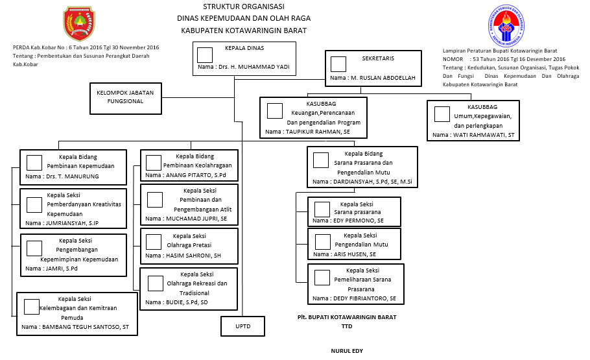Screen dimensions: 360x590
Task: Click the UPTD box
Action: click(242, 326)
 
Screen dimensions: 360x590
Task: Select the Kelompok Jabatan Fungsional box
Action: click(125, 97)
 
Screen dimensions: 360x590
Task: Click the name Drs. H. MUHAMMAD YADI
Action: click(252, 67)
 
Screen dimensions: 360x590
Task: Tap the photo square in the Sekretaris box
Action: click(338, 64)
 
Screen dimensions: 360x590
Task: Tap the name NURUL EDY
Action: click(347, 351)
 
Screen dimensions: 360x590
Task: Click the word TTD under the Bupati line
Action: click(347, 327)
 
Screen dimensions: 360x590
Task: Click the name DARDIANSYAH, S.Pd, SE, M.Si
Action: click(372, 182)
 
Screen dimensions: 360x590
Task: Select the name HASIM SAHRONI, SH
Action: click(193, 255)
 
